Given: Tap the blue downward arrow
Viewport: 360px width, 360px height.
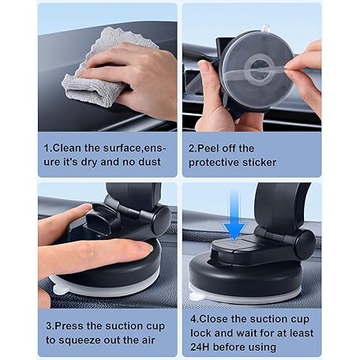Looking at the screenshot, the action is coord(234,215).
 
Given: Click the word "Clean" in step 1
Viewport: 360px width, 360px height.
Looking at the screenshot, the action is coord(67,148).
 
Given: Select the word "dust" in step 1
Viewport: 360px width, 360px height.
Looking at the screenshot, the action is coord(149,162).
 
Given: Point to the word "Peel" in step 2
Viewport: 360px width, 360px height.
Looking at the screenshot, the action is coord(208,148).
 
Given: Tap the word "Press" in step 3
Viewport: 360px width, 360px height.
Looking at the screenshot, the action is coord(69,326).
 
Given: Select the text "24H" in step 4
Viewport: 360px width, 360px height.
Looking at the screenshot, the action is coord(200,347).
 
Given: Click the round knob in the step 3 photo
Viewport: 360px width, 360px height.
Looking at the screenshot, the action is coord(160,220).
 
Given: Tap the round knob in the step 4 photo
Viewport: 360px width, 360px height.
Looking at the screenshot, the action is coord(305,244).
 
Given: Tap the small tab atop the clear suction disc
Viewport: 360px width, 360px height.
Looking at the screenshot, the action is coord(265,28).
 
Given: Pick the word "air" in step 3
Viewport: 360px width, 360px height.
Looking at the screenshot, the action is coord(148,340).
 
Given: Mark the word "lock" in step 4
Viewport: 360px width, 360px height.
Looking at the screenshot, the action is coord(201,333).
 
